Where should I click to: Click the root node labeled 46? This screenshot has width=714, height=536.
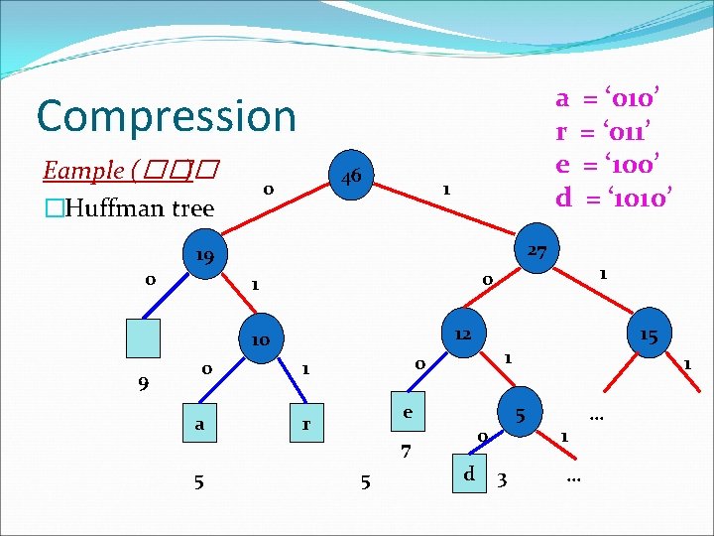tap(350, 178)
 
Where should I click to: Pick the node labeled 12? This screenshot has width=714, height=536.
tap(462, 335)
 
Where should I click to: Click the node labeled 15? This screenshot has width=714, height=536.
tap(649, 335)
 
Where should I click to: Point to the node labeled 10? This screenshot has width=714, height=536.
tap(260, 340)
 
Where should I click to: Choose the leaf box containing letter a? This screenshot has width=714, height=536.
tap(200, 424)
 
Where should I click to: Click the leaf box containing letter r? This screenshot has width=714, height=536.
tap(307, 425)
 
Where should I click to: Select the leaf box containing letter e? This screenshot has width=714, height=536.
tap(407, 411)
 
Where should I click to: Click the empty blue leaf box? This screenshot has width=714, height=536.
tap(143, 337)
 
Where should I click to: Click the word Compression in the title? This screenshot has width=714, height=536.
tap(167, 116)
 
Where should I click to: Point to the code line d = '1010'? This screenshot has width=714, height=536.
tap(615, 197)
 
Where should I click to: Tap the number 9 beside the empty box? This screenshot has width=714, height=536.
tap(144, 380)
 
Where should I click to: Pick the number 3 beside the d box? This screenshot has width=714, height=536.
tap(503, 481)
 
